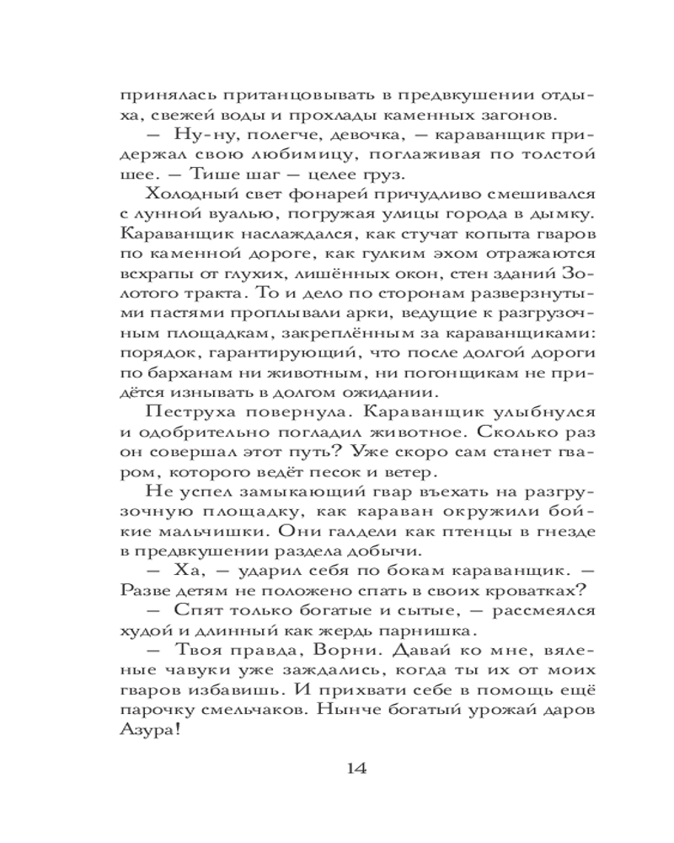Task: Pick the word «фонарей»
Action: [x=292, y=196]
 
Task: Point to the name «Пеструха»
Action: [x=181, y=411]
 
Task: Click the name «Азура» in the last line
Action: [x=149, y=734]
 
